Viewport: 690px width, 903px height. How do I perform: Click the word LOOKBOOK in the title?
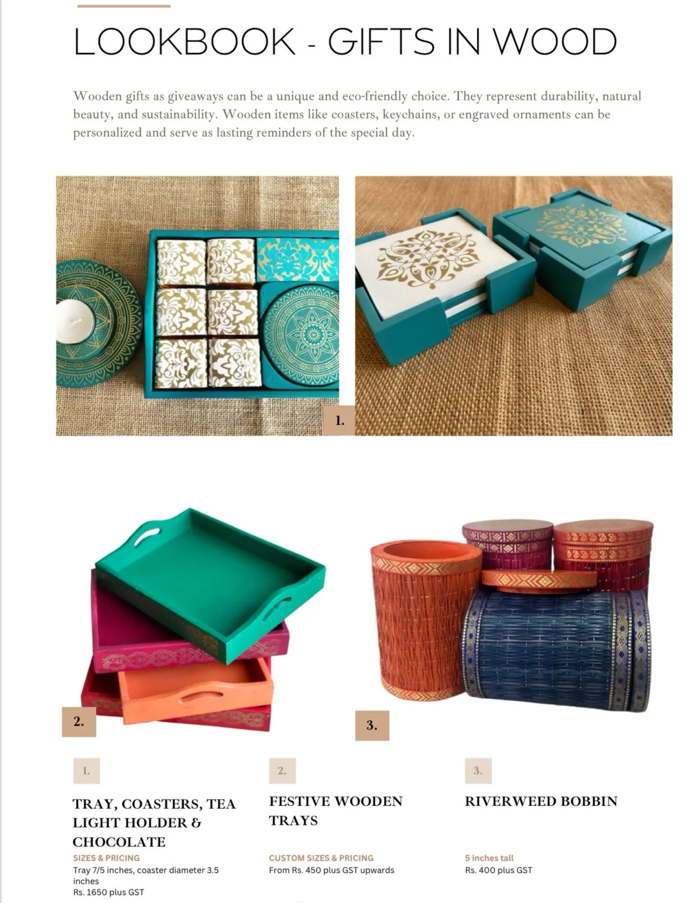(x=184, y=41)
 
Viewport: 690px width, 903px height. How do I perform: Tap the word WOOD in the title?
(x=555, y=41)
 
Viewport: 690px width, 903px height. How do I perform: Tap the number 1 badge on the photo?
(x=339, y=420)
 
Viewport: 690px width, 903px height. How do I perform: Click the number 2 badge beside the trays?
(x=78, y=722)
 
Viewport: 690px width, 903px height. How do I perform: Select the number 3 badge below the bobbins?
(x=372, y=725)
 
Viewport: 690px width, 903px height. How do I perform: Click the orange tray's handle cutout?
(x=196, y=696)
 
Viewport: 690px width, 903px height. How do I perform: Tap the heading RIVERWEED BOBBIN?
(x=541, y=801)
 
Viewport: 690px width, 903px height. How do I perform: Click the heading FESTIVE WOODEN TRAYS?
(x=336, y=811)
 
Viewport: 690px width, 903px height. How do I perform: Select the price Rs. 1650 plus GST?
(x=108, y=892)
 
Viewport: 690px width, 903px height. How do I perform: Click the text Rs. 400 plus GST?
(x=499, y=870)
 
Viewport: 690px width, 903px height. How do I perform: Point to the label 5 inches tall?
(x=489, y=858)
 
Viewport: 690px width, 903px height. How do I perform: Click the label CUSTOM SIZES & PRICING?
(x=321, y=858)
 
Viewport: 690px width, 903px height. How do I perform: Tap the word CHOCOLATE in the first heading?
(x=119, y=842)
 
